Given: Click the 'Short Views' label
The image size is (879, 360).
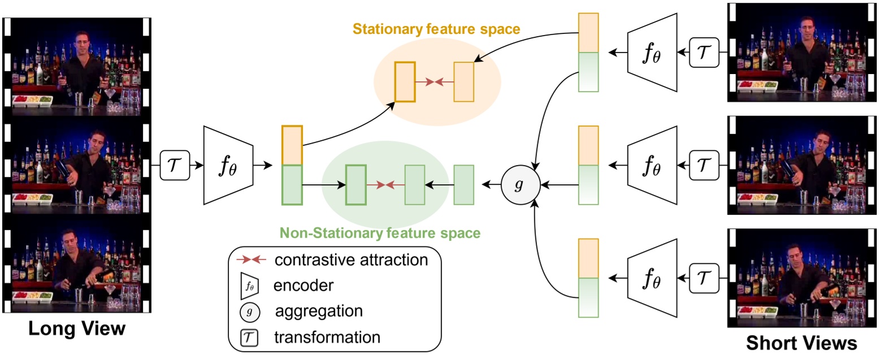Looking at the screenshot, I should click(801, 342).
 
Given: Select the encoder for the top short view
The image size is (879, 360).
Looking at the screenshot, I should click(652, 53).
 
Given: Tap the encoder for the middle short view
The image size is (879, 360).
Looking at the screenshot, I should click(652, 165).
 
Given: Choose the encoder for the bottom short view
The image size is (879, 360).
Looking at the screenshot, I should click(652, 278).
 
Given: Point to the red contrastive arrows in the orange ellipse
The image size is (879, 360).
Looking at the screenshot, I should click(434, 82).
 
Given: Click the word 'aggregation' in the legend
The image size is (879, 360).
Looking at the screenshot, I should click(319, 311).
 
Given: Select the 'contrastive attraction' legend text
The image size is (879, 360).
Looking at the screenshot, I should click(350, 260).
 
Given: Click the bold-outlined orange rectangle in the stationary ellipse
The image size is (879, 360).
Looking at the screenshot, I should click(405, 82).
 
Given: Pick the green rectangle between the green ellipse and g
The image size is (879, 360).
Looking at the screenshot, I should click(464, 184).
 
